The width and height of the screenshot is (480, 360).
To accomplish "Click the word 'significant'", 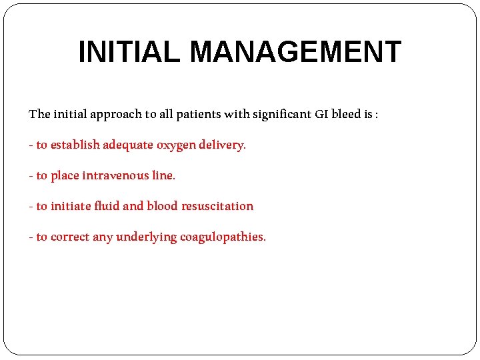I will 283,114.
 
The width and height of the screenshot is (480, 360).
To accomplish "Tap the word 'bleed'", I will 347,114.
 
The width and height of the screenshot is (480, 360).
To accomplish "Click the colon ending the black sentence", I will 377,115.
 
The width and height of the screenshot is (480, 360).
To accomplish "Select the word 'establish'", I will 75,145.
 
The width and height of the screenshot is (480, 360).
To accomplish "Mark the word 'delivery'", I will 222,145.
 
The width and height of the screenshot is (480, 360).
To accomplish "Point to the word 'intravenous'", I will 116,175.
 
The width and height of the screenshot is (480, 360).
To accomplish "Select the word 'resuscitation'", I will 217,206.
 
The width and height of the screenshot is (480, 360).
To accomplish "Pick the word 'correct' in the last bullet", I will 70,237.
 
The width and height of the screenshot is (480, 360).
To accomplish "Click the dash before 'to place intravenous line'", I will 31,176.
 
